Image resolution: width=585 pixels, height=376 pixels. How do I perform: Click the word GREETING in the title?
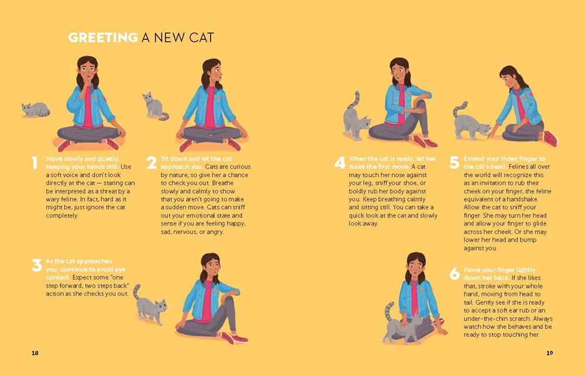point(103,38)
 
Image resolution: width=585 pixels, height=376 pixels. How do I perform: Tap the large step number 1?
point(35,163)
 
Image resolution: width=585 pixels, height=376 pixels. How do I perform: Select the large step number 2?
point(152,163)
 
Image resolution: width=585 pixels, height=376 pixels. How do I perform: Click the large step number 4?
point(340,163)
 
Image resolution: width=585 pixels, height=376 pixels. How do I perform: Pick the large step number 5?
point(454,163)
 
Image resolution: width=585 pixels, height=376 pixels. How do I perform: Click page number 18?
point(35,353)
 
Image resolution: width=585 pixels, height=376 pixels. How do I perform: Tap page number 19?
point(549,353)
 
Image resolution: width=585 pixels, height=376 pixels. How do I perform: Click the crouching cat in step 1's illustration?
point(36,109)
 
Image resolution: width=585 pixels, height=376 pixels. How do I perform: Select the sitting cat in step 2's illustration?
point(154,106)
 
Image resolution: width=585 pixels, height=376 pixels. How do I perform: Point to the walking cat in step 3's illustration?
point(150,305)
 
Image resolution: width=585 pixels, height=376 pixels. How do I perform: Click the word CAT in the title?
point(199,38)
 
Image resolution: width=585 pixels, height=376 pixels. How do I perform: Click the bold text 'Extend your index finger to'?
point(504,158)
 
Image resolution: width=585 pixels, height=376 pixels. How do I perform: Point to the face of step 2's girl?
point(212,73)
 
